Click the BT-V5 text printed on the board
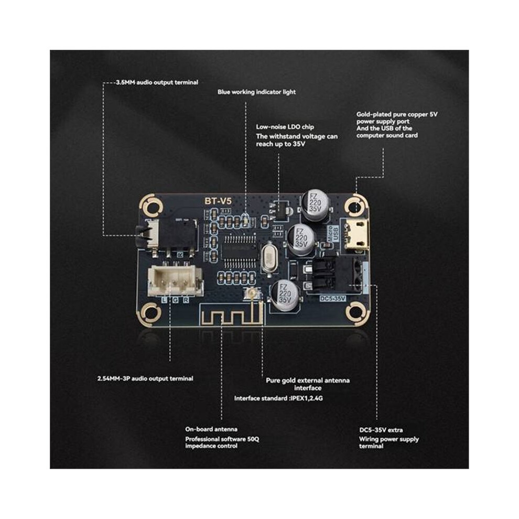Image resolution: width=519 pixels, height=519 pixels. pos(218,201)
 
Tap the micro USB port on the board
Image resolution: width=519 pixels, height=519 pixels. pos(356,234)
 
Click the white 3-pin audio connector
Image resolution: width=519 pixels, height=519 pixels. pos(175,280)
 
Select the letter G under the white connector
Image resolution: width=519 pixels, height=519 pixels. pos(175,300)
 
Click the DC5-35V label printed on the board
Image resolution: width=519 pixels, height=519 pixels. pos(332,298)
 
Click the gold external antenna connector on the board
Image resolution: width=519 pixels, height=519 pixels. pos(251,293)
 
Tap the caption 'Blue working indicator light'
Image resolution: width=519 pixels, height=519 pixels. pos(256,92)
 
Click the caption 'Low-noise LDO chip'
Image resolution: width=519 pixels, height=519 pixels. pos(285,127)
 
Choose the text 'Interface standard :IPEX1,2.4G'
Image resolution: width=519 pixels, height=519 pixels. pos(278,398)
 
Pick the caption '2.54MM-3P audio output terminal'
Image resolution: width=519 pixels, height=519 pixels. pos(145,379)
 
